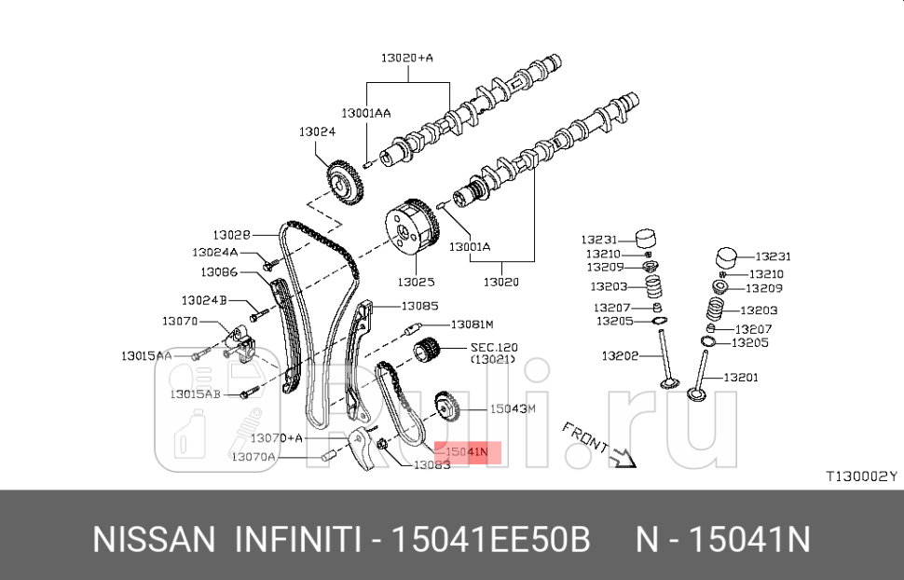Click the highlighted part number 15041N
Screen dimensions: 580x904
coord(467,452)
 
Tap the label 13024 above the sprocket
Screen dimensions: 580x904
coord(317,132)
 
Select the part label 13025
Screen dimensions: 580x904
coord(416,281)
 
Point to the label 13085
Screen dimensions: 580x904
coord(419,305)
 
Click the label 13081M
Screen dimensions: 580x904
coord(472,325)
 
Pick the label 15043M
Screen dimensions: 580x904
coord(514,408)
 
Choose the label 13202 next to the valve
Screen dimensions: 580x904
coord(619,355)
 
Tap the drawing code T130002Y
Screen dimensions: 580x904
coord(860,476)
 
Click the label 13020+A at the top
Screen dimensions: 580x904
coord(406,58)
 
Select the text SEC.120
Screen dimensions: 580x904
coord(493,347)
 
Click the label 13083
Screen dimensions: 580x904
coord(431,464)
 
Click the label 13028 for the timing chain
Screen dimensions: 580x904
coord(231,235)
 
